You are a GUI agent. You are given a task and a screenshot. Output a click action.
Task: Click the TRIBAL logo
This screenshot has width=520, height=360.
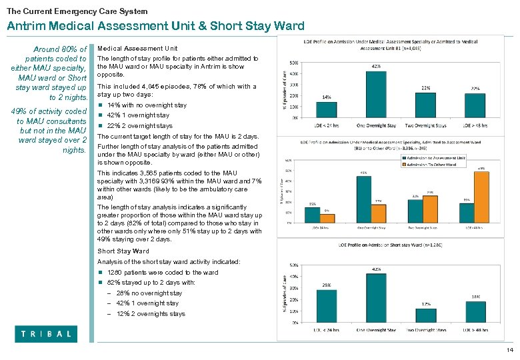coord(46,334)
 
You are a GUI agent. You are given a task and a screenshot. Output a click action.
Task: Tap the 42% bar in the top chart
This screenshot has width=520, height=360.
coord(376,94)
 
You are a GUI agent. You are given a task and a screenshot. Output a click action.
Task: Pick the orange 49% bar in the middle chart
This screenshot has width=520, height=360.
coord(481,197)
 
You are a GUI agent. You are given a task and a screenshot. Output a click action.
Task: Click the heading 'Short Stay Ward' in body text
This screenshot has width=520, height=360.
coord(123,251)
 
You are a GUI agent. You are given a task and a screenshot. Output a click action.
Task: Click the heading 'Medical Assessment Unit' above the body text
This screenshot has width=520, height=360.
coord(137,49)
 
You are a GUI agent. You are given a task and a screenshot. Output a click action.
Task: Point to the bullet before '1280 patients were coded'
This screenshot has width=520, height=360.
coord(101,273)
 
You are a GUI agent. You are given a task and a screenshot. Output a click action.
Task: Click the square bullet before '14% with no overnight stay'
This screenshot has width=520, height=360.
coord(101,105)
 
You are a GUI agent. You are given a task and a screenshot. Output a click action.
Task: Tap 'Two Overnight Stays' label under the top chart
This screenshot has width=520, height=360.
coord(426,125)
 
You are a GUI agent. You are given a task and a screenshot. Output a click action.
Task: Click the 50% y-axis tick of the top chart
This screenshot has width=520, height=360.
coord(294,63)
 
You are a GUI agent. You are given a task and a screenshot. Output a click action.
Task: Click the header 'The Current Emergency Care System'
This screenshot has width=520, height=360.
coord(77,11)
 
